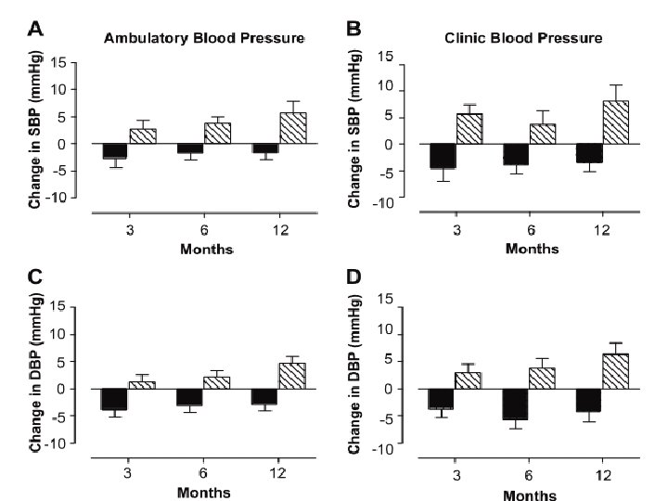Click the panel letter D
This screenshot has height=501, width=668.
[353, 276]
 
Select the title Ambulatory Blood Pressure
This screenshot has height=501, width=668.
[204, 39]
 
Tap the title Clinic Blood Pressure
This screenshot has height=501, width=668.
[525, 39]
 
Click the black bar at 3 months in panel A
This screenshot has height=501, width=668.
[114, 151]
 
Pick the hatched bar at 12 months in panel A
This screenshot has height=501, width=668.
[292, 128]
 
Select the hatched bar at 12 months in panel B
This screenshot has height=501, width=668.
[616, 122]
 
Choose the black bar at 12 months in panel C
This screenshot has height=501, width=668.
[264, 397]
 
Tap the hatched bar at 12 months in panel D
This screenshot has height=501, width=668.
[616, 371]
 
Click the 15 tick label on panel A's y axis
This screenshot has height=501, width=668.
[58, 63]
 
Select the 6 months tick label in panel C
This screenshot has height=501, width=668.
[204, 468]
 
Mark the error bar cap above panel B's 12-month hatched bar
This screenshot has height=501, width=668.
[616, 84]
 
